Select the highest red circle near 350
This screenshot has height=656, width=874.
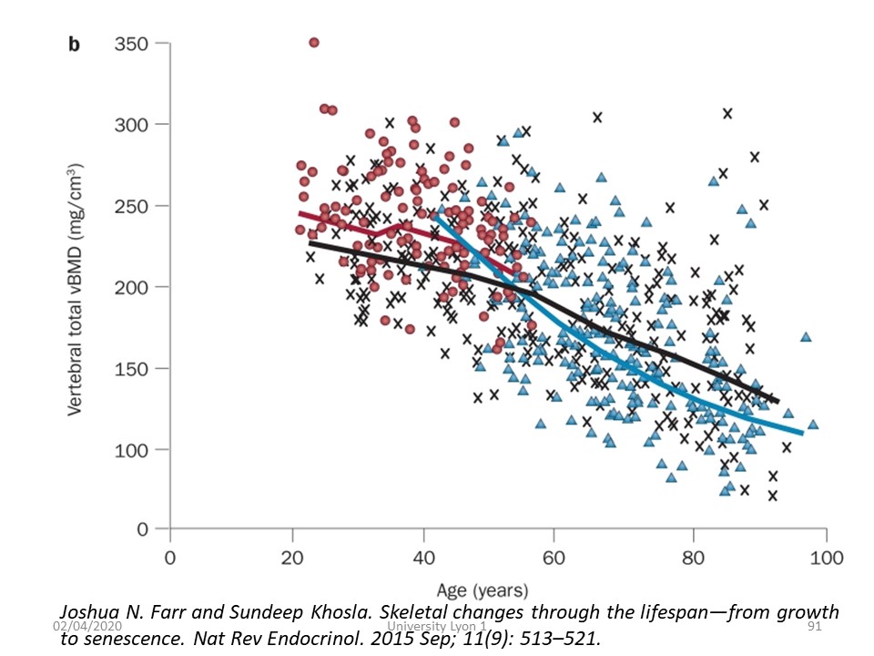pyautogui.click(x=314, y=43)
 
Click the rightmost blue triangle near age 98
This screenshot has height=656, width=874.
pyautogui.click(x=813, y=424)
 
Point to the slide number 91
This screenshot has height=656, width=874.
pyautogui.click(x=816, y=628)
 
